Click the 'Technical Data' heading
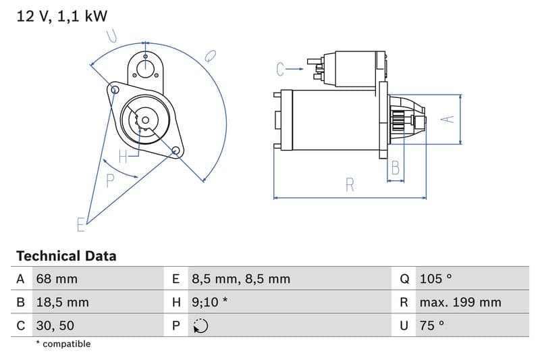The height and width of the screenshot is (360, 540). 66,256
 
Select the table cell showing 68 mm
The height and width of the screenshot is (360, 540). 57,279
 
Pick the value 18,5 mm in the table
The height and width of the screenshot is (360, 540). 62,302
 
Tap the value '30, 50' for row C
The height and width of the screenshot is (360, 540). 55,325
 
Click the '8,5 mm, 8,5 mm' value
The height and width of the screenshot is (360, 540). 240,279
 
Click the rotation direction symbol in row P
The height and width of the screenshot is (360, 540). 200,326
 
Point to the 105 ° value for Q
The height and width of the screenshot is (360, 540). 435,279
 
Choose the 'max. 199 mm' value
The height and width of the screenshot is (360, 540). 460,302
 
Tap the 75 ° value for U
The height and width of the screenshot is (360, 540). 432,325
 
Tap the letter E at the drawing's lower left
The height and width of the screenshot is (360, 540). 81,224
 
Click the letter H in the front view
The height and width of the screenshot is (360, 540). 123,157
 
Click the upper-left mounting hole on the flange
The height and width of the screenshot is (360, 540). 115,89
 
